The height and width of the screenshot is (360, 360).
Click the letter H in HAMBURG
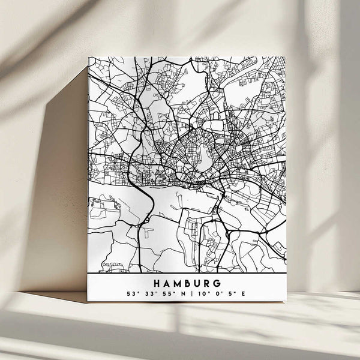158,283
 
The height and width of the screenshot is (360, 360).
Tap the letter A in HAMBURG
168,283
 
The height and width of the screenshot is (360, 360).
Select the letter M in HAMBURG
179,283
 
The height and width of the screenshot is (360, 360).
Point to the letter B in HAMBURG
190,283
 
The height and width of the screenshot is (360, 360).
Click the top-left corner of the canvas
88,58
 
